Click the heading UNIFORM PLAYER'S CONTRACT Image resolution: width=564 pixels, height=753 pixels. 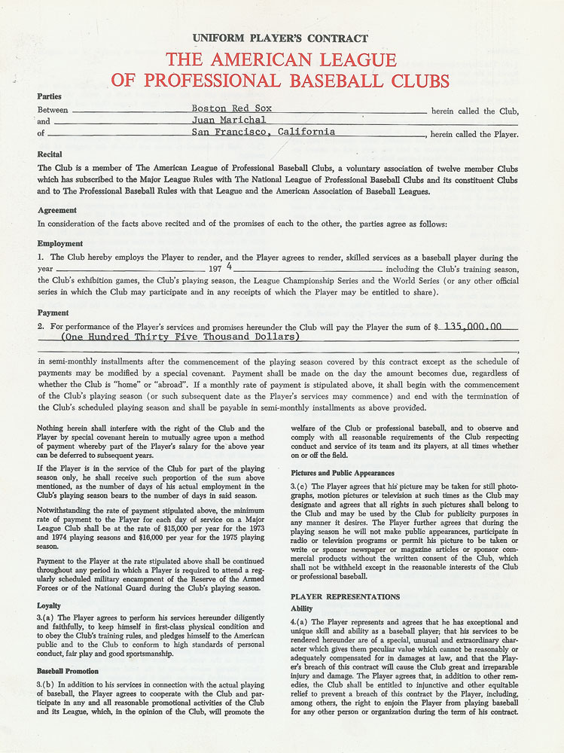tap(280, 38)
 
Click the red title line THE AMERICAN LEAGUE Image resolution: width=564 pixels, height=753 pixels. tap(280, 60)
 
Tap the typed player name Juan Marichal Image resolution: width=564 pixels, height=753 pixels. tap(229, 120)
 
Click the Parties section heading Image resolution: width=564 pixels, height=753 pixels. tap(50, 96)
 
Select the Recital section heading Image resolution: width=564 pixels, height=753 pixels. tap(50, 154)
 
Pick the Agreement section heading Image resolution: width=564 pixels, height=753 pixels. tap(57, 210)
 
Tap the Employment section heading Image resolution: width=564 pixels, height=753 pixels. tap(60, 244)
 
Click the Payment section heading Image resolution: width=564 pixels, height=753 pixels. tap(53, 312)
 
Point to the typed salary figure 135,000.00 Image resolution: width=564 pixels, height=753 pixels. tap(474, 327)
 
